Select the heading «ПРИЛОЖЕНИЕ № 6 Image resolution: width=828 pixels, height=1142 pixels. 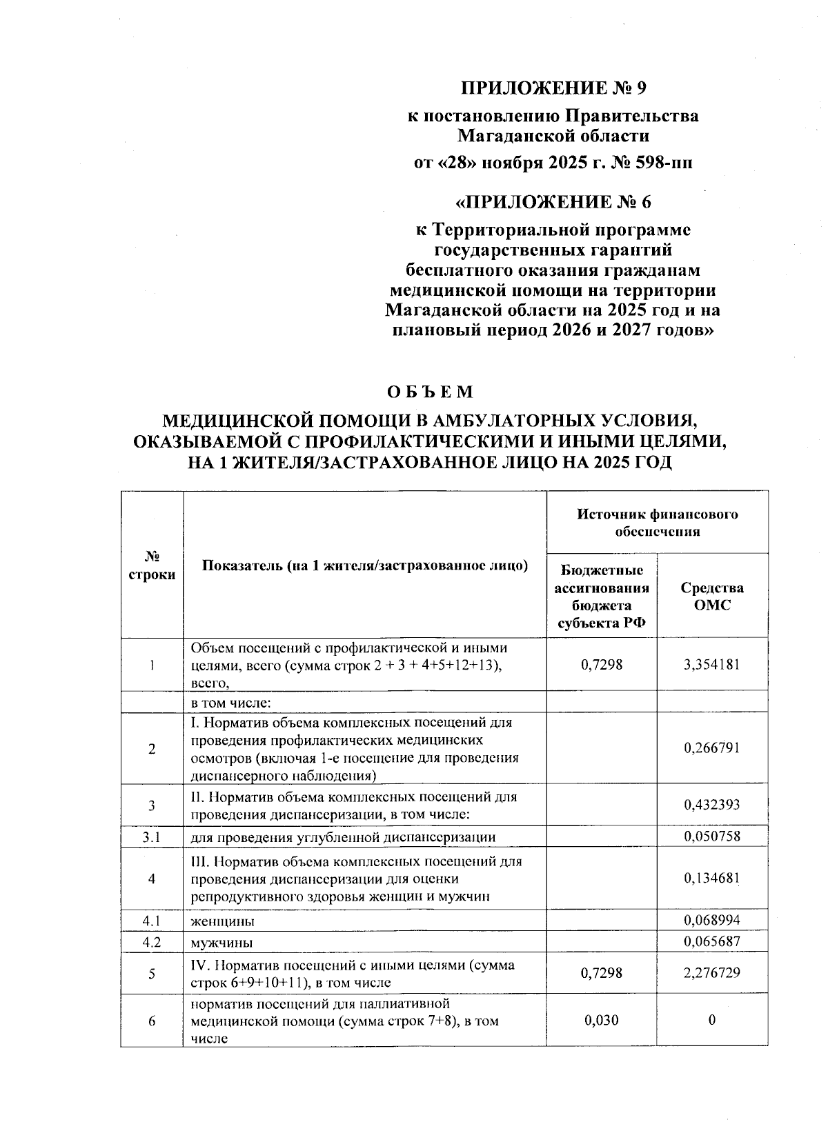(554, 202)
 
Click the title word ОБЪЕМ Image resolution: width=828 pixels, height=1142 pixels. (431, 392)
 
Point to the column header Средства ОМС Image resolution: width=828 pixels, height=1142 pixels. (712, 597)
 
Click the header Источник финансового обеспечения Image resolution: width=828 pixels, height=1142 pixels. (657, 523)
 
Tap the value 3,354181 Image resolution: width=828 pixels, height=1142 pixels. (712, 665)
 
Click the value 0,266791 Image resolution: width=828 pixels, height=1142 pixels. (712, 748)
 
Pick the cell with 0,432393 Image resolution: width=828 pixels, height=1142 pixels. (712, 805)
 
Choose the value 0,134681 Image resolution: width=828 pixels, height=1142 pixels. (712, 879)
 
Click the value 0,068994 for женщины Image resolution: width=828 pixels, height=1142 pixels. (712, 920)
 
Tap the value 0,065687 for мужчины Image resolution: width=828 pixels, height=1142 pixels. (712, 941)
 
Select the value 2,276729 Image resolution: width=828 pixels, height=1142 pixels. (712, 973)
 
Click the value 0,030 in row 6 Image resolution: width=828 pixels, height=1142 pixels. (601, 1020)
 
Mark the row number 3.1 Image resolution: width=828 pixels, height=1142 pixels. (152, 837)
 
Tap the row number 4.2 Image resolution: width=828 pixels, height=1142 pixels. (152, 942)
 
